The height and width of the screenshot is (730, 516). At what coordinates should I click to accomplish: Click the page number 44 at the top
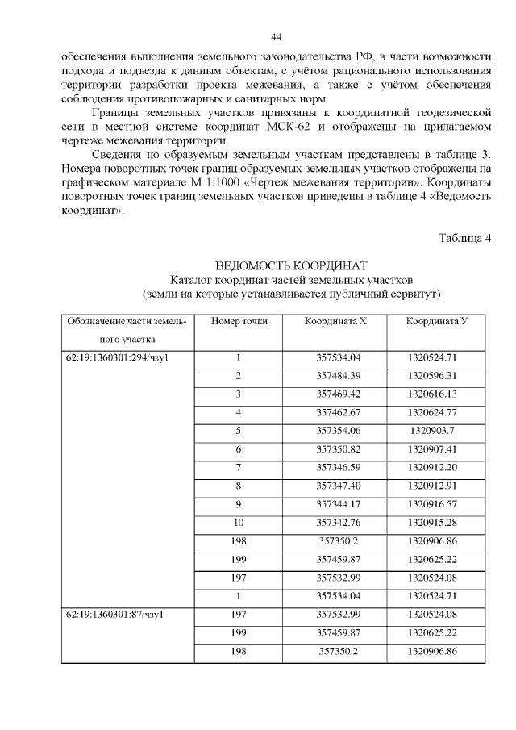point(275,37)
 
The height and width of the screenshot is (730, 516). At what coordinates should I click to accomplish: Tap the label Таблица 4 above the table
point(464,237)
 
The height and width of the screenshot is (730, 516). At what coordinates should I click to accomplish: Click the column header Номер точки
point(239,321)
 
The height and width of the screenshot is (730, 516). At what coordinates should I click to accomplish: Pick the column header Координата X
point(335,321)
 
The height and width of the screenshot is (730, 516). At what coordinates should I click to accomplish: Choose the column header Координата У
point(436,321)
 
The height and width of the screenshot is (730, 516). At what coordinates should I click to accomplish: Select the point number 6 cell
point(239,448)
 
